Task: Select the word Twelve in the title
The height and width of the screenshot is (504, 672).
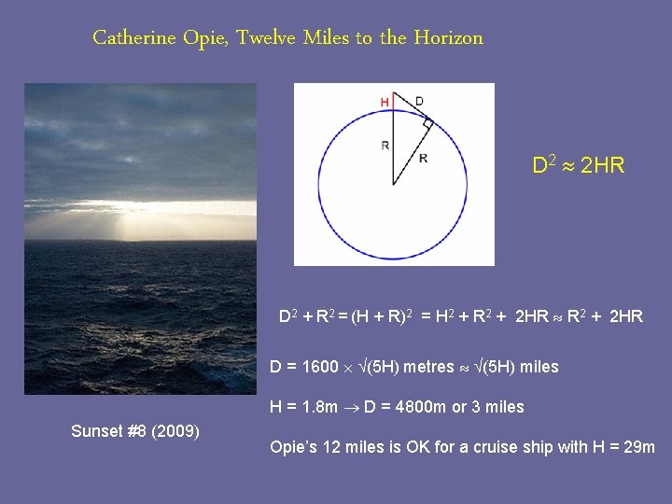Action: click(266, 38)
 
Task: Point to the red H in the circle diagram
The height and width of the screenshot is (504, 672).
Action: click(384, 101)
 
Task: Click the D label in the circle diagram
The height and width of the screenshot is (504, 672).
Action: click(418, 100)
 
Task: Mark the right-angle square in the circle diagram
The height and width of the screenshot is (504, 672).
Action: click(427, 122)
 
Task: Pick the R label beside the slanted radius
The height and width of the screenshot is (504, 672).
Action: click(423, 158)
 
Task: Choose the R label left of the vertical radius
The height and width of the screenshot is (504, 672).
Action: click(385, 145)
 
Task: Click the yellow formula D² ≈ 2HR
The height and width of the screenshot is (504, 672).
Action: click(578, 166)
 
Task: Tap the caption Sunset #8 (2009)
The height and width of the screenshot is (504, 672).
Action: click(134, 431)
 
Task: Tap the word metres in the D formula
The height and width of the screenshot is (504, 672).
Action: click(427, 367)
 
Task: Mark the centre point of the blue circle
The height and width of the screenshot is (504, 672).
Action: click(394, 184)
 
